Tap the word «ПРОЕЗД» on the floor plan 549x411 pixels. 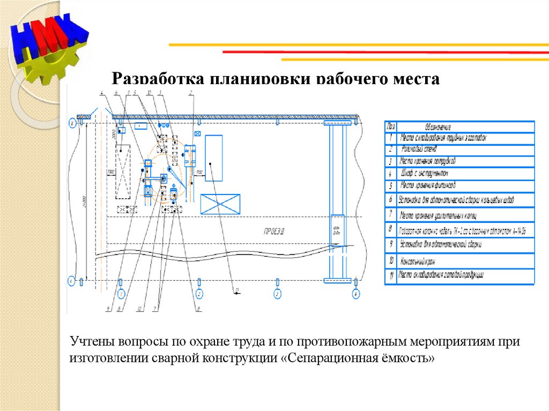[x=273, y=232]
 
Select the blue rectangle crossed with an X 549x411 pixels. [x=220, y=204]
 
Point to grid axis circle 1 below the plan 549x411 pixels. [x=122, y=294]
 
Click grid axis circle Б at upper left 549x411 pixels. [x=71, y=123]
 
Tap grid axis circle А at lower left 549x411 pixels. [x=71, y=280]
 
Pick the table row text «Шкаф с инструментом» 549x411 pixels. [x=424, y=173]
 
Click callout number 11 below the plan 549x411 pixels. [x=235, y=291]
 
